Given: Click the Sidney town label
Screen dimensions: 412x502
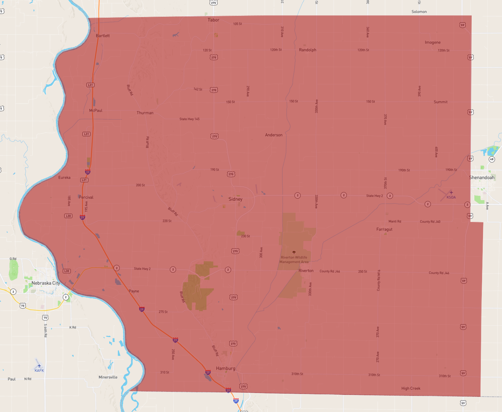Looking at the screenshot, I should [x=236, y=199].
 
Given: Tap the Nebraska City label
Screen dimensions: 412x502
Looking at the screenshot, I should [x=46, y=283].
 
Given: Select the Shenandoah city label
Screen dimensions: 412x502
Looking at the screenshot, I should [x=481, y=178].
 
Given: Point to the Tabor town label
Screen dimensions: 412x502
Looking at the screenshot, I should [x=213, y=20].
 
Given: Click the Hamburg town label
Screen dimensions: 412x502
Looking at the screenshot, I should [x=225, y=368].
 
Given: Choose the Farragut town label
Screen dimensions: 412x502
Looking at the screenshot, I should [x=384, y=229].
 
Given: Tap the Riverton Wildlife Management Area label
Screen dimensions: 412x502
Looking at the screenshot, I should [x=294, y=260].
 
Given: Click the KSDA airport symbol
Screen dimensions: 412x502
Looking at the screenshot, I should [x=451, y=193].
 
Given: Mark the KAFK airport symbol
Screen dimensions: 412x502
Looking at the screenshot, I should [x=39, y=366].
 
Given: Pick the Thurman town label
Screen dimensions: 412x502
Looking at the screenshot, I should [x=145, y=113].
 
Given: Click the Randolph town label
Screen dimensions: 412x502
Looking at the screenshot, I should [x=308, y=50].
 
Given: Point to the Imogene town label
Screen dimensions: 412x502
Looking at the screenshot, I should [x=433, y=42].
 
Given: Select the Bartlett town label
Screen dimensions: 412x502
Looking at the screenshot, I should [x=103, y=36].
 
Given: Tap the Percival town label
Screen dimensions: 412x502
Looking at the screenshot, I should [x=86, y=197].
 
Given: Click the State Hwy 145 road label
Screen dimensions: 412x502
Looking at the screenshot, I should [x=189, y=119].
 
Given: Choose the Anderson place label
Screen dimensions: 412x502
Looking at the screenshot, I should [x=274, y=135].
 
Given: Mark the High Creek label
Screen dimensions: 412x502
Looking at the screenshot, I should [x=411, y=388].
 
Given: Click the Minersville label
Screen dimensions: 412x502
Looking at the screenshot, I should [x=108, y=377].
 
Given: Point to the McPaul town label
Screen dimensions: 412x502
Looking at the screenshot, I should [x=96, y=111].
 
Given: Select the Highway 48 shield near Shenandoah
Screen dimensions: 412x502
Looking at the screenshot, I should [x=492, y=159].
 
